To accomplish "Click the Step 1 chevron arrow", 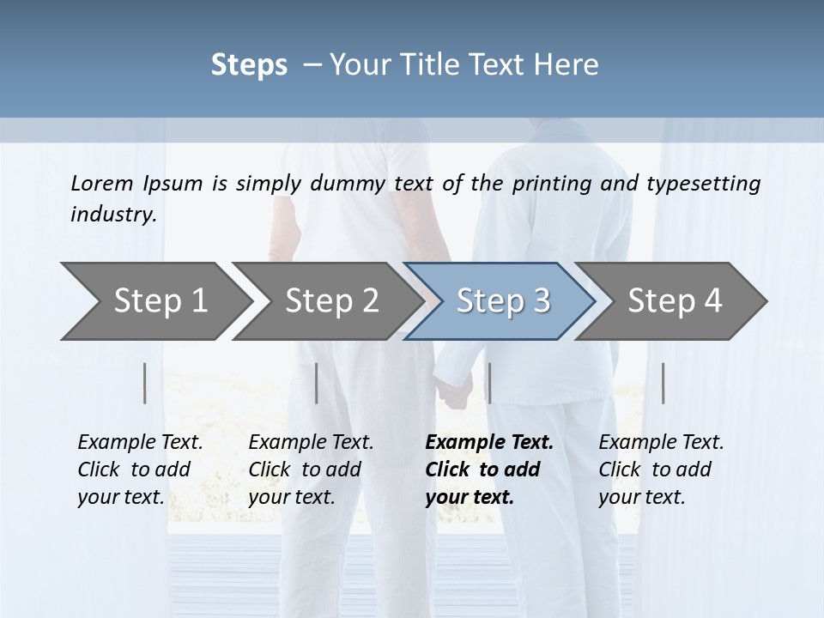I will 154,301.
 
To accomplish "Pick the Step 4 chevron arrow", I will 674,301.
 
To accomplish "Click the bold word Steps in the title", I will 249,64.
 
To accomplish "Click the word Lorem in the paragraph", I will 102,183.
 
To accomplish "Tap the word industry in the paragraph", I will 113,214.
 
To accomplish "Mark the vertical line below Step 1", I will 145,383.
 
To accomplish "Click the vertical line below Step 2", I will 317,383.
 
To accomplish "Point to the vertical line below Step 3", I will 489,383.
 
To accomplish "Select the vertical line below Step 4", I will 663,383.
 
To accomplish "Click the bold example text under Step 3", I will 488,470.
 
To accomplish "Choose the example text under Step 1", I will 140,470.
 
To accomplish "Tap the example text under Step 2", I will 311,470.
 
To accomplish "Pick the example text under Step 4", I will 661,470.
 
